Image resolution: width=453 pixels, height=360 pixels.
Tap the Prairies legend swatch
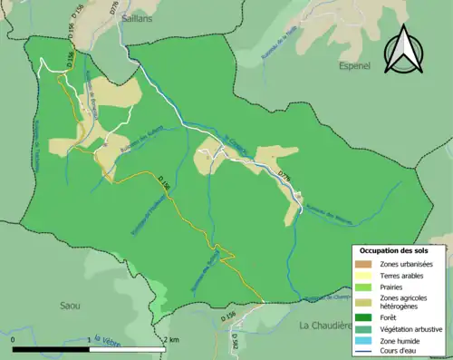pos(361,285)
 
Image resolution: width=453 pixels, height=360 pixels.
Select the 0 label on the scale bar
pos(14,339)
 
